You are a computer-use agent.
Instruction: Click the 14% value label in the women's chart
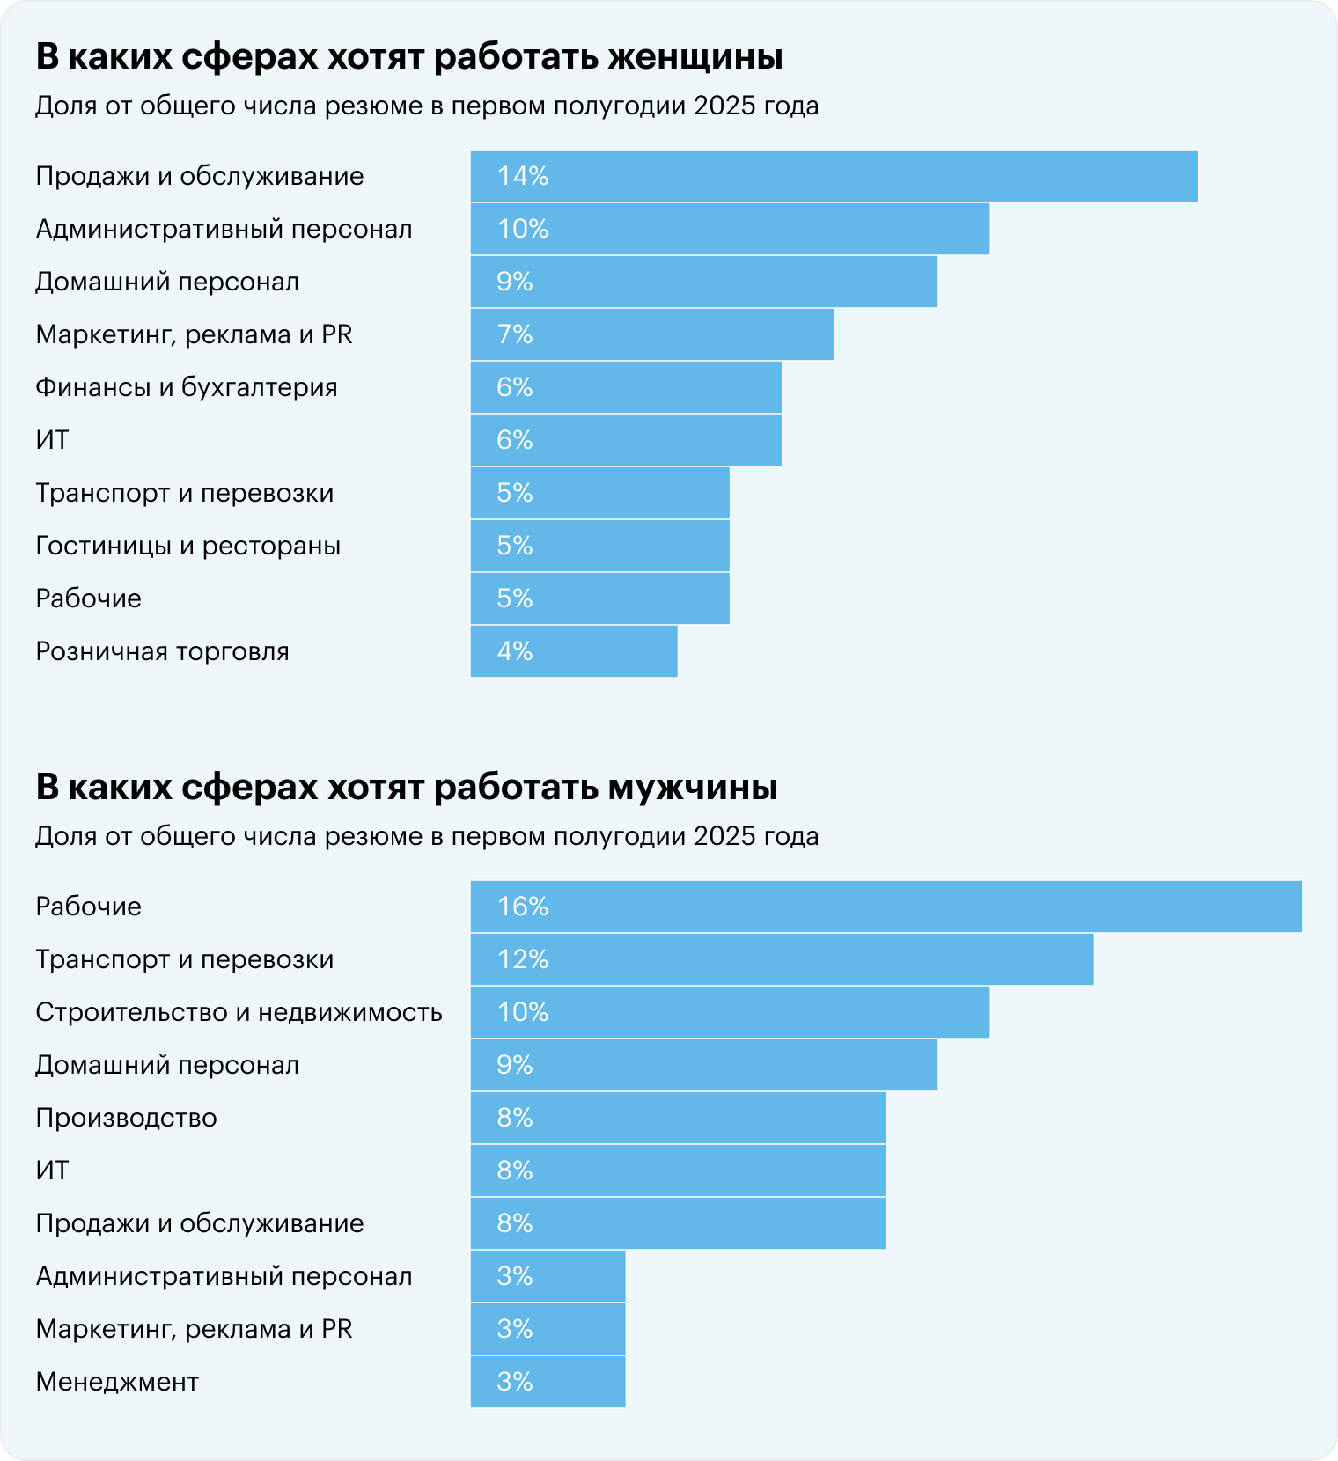tap(523, 176)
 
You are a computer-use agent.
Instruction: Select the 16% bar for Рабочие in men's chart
tap(885, 907)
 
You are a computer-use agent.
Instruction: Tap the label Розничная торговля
tap(162, 651)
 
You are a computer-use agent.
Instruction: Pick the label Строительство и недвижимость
tap(239, 1012)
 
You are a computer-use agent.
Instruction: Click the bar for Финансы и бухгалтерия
tap(626, 387)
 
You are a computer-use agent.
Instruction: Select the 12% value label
tap(523, 959)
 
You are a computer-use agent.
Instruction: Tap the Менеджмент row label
tap(117, 1382)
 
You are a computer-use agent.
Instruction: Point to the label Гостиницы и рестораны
tap(187, 546)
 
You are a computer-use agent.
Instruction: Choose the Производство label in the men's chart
tap(126, 1118)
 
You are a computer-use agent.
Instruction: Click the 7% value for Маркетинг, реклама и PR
tap(515, 334)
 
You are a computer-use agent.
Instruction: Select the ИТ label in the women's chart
tap(52, 440)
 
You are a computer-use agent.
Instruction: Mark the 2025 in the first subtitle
tap(724, 106)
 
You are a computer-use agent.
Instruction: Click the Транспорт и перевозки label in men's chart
tap(185, 959)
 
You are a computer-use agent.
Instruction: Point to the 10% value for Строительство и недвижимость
tap(523, 1012)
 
